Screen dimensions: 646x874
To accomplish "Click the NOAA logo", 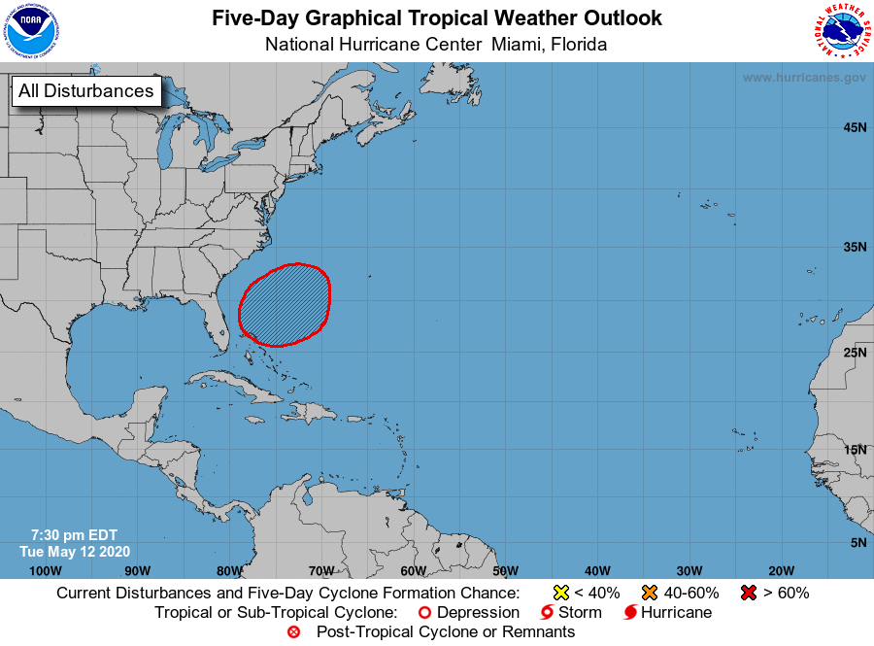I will click(x=32, y=32).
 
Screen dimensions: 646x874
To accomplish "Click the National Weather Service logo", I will click(x=841, y=32).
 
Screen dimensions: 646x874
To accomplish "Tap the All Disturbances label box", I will click(x=85, y=91).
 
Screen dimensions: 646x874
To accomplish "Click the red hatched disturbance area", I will click(x=285, y=304).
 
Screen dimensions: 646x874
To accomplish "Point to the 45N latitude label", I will click(x=855, y=127).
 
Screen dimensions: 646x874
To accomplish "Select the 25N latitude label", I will click(x=855, y=352).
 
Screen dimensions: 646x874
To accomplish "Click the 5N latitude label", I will click(x=857, y=542).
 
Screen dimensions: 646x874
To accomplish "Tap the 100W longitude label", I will click(x=46, y=570).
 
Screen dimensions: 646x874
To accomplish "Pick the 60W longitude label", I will click(x=413, y=570).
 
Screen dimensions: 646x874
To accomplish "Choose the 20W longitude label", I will click(x=781, y=570).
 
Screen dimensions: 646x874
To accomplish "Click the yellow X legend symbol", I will click(x=560, y=593).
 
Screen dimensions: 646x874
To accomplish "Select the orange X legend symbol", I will click(x=650, y=593).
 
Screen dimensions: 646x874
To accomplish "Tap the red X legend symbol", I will click(x=749, y=593).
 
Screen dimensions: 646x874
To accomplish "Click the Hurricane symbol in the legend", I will click(x=630, y=613).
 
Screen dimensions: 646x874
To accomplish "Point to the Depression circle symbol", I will click(x=423, y=613).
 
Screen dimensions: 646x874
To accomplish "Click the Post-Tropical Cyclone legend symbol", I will click(x=294, y=632).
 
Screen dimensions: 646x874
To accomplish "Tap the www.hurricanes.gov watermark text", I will click(x=803, y=77).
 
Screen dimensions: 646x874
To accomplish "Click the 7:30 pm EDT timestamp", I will click(x=74, y=535).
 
